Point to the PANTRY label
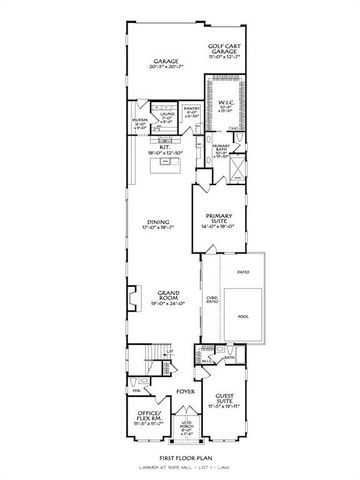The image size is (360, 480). click(x=191, y=111)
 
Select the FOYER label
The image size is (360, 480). click(x=184, y=391)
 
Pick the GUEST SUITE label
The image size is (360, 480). click(x=221, y=401)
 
